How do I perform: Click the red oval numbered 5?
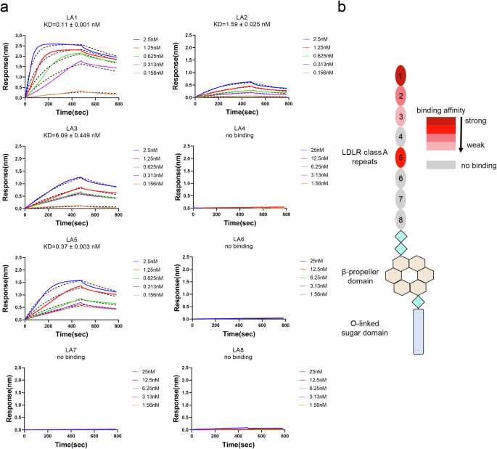pos(401,155)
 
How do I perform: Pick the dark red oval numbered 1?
pos(401,76)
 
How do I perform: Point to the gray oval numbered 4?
pos(401,136)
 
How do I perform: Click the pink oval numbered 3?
pos(401,116)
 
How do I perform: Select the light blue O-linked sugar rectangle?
pos(418,331)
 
